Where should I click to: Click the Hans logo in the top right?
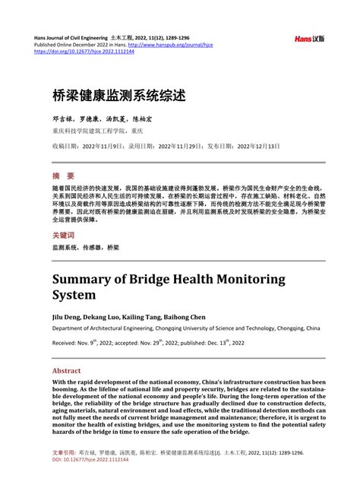coord(309,38)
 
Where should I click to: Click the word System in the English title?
coord(74,295)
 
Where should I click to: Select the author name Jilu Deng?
coord(67,315)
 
